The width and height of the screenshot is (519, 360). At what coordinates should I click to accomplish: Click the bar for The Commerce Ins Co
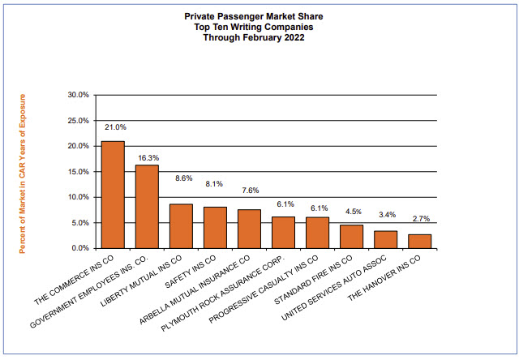coord(113,195)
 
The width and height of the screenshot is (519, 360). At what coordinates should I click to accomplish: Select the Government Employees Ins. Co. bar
coord(147,207)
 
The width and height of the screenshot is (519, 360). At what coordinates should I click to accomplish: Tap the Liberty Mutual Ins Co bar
coord(181,226)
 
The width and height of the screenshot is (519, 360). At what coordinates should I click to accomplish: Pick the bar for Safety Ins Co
coord(215,228)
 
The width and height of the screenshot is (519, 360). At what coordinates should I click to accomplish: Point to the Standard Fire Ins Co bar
coord(351,237)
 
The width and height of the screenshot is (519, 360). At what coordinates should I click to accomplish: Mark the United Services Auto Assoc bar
coord(385,239)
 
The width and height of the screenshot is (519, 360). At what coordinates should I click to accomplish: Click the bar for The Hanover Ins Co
coord(419,241)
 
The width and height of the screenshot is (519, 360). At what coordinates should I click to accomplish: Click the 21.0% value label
coord(115,127)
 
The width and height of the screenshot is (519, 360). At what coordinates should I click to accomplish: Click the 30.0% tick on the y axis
coord(79,95)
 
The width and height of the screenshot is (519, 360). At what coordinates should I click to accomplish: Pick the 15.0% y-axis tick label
coord(79,172)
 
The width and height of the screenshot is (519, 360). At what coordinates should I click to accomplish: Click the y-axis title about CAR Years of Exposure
coord(23,173)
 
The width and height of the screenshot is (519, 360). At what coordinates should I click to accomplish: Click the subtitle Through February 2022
coord(259,37)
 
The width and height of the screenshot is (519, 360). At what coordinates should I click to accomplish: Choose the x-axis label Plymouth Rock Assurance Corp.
coord(236,294)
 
